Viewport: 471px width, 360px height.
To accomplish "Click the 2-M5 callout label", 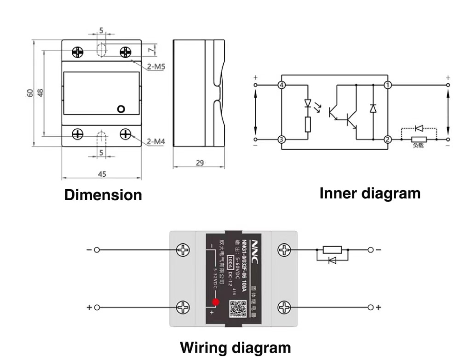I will click(x=156, y=67).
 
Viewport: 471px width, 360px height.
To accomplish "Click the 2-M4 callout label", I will click(x=156, y=141).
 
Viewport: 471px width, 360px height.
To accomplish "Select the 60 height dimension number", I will click(x=30, y=93).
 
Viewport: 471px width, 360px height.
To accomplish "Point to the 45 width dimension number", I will click(x=102, y=174).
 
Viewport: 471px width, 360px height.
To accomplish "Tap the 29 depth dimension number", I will click(x=200, y=163).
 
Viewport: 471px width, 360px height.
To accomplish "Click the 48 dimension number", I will click(x=40, y=93).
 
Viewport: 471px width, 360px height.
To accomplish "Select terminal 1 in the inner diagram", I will click(x=388, y=85).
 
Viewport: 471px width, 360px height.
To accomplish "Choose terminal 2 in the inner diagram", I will click(x=388, y=139).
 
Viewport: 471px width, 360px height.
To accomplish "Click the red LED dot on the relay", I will click(x=215, y=302).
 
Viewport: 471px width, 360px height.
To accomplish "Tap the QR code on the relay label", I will click(x=238, y=308).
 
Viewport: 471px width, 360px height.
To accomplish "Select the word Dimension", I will click(x=103, y=195).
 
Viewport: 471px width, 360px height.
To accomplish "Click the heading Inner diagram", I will click(x=370, y=193).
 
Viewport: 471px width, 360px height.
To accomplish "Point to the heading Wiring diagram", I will click(x=235, y=347).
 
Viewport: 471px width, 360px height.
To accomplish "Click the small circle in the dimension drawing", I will click(x=121, y=109).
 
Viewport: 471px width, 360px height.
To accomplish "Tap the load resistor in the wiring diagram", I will click(x=332, y=250).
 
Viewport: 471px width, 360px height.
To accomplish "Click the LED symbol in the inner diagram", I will click(x=308, y=104).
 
